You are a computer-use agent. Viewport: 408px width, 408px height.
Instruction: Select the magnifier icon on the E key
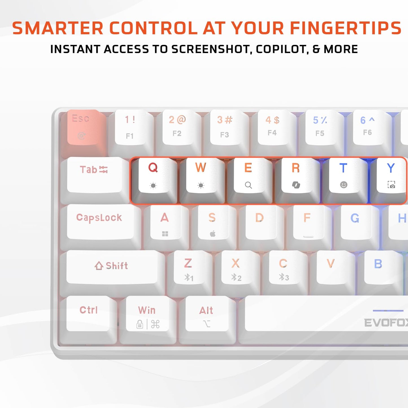tap(248, 185)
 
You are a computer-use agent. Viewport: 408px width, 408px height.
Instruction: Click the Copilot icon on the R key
tap(296, 185)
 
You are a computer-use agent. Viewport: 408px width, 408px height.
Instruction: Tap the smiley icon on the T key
tap(344, 185)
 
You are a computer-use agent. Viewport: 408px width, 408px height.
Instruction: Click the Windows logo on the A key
tap(165, 234)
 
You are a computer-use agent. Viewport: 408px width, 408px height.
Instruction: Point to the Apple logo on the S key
tap(213, 234)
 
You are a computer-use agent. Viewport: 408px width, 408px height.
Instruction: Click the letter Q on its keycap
tap(153, 167)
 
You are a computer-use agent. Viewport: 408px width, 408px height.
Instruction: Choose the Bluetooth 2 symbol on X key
tap(236, 278)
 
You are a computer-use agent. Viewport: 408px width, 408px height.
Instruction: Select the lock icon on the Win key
tap(140, 324)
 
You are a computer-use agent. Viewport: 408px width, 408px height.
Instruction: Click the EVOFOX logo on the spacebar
tap(386, 323)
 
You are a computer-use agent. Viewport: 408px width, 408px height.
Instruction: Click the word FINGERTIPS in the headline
tap(346, 29)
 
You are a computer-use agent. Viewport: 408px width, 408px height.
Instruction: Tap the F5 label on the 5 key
tap(320, 133)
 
